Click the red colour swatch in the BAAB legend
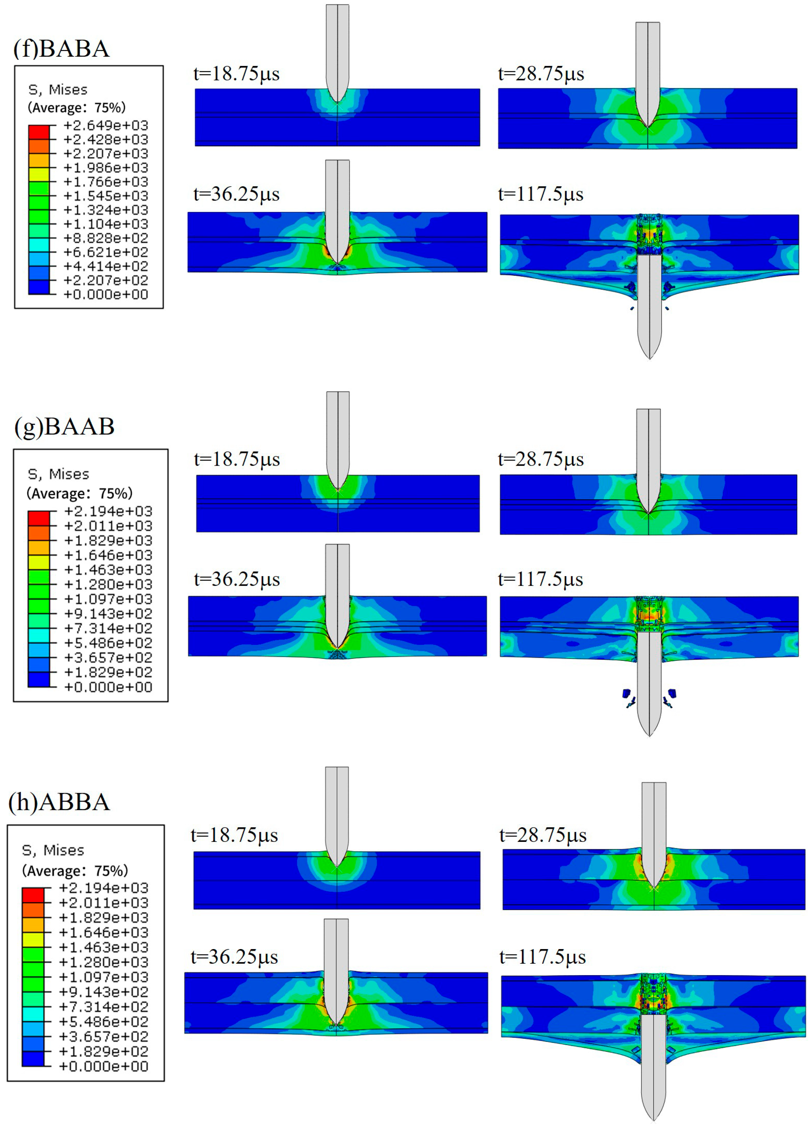click(x=39, y=518)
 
